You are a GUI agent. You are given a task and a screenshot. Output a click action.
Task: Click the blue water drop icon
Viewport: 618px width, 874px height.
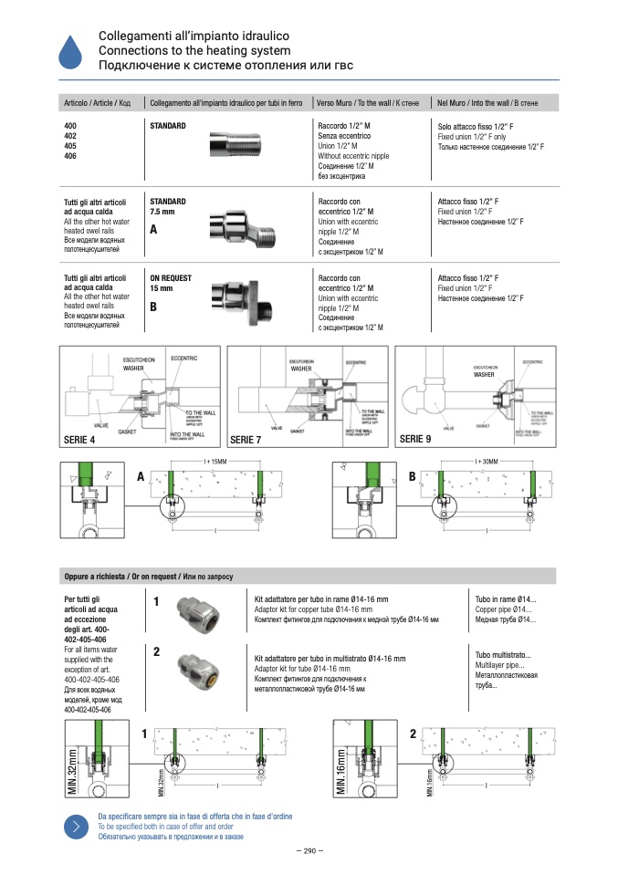pyautogui.click(x=69, y=51)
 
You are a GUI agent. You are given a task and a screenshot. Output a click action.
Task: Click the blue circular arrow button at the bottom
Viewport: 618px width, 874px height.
pyautogui.click(x=74, y=826)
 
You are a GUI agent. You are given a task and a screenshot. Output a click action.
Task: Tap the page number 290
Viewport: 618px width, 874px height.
pyautogui.click(x=309, y=851)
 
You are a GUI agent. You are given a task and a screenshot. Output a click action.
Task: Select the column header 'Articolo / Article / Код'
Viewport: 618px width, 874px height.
pyautogui.click(x=97, y=103)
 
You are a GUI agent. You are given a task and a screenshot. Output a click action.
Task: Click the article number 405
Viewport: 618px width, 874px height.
pyautogui.click(x=70, y=146)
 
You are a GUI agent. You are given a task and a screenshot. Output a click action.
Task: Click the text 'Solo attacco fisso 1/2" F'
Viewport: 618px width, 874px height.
pyautogui.click(x=475, y=126)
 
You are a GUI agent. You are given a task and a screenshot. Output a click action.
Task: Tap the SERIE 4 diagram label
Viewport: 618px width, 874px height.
pyautogui.click(x=79, y=440)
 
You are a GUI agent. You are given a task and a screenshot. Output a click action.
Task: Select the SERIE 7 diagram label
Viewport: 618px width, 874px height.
pyautogui.click(x=246, y=440)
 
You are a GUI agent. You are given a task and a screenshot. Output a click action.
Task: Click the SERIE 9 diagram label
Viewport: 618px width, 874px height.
pyautogui.click(x=415, y=440)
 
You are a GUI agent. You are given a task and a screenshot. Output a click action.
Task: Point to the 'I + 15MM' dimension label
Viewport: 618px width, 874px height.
pyautogui.click(x=215, y=463)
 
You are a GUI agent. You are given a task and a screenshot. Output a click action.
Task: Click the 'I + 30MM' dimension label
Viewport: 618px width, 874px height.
pyautogui.click(x=488, y=463)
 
